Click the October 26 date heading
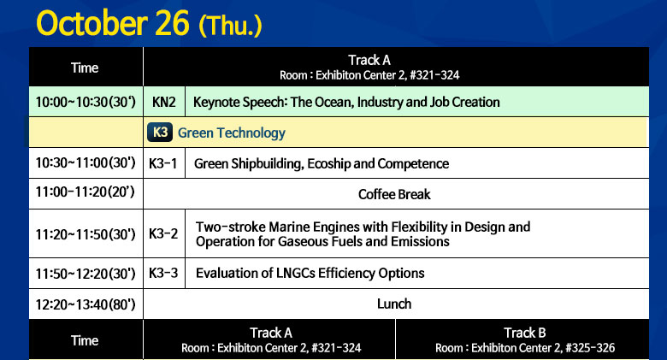coord(113,23)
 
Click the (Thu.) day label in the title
coord(230,26)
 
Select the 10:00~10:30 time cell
coord(86,102)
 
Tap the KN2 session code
coord(164,102)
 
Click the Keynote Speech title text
coord(346,102)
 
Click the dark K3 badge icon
coord(160,132)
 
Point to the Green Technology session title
coord(232,133)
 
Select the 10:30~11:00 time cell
coord(86,162)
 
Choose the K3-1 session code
coord(163,163)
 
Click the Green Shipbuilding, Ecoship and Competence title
coord(322,164)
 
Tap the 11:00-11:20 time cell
coord(85,192)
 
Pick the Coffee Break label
coord(394,194)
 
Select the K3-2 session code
coord(163,233)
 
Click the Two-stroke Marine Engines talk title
coord(363,234)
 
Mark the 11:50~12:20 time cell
coord(86,273)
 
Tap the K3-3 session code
coord(163,273)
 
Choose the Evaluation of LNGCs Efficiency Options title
coord(310,273)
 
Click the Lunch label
coord(394,304)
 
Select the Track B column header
coord(525,340)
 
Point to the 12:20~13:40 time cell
coord(86,304)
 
